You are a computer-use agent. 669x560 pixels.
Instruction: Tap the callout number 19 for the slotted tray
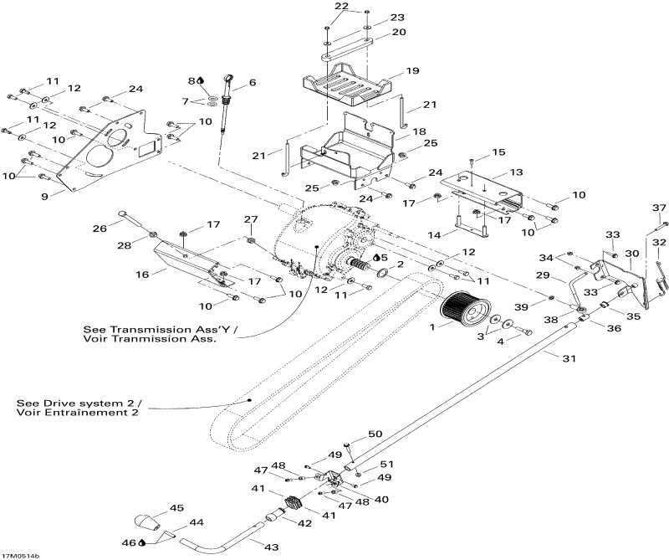point(411,71)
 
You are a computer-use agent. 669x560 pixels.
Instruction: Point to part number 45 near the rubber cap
point(176,507)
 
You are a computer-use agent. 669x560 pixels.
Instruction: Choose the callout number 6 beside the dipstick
point(253,83)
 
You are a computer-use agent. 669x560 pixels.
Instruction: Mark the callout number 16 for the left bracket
point(143,274)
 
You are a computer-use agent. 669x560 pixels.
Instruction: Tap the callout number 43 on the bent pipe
point(272,547)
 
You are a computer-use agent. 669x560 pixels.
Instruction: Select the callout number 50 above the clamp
point(375,434)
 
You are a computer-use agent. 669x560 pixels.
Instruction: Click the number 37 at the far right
point(658,208)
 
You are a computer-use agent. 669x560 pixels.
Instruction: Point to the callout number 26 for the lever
point(100,229)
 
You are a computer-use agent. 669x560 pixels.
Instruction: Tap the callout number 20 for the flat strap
point(399,33)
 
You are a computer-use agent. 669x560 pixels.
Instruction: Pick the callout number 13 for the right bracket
point(516,172)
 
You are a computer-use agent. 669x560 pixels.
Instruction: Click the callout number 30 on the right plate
point(631,252)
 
